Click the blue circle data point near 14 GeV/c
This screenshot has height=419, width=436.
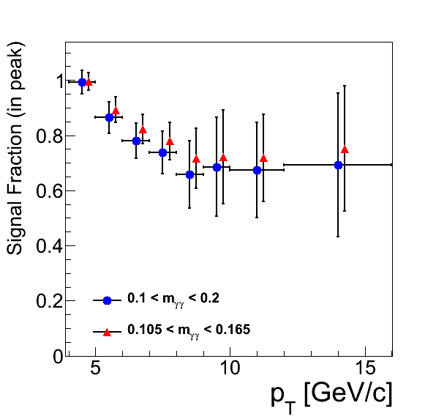click(x=338, y=166)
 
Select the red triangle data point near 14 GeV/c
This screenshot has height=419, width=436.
click(x=345, y=149)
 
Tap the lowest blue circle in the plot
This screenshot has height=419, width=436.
click(x=189, y=175)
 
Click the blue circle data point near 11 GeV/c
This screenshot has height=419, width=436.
click(x=258, y=171)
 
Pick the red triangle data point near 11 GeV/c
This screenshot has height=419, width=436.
click(x=263, y=159)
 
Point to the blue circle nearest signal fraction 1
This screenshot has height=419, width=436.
click(x=82, y=82)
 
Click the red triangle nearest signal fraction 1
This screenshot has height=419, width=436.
click(x=89, y=82)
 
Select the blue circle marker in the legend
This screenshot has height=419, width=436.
click(x=107, y=300)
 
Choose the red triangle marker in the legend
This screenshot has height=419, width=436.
click(x=107, y=333)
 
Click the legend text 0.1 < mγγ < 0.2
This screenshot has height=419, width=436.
click(x=173, y=299)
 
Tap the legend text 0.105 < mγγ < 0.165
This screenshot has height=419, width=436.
click(x=189, y=330)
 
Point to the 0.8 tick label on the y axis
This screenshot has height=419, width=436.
click(x=49, y=136)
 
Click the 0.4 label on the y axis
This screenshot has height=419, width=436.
click(x=49, y=246)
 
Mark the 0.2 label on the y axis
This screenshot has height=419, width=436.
click(x=49, y=301)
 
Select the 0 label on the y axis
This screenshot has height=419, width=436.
click(x=58, y=356)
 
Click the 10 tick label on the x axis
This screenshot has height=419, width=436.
click(x=230, y=368)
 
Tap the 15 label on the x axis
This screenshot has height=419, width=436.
click(x=365, y=368)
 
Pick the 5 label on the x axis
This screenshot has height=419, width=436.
click(x=95, y=368)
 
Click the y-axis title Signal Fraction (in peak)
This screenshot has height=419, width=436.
click(x=15, y=148)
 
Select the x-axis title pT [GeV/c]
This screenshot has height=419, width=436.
click(x=331, y=397)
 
